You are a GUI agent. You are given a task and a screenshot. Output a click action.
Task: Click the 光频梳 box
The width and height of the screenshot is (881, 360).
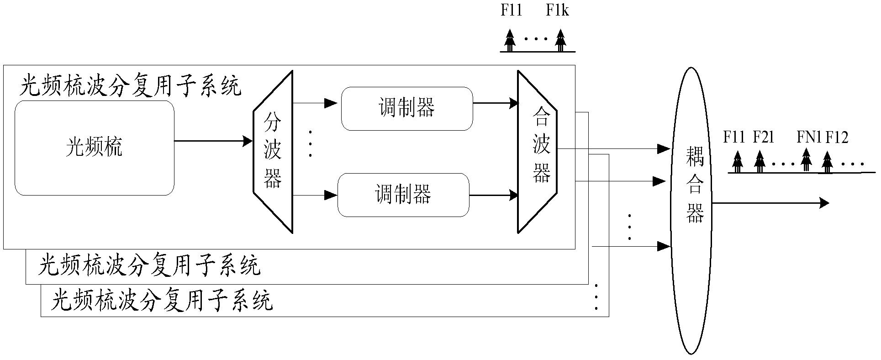(x=94, y=148)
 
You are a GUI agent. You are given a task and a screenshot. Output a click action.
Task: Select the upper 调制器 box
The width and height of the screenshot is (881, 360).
(x=406, y=108)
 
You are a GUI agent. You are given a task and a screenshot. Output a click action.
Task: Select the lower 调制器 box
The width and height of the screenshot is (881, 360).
(x=403, y=195)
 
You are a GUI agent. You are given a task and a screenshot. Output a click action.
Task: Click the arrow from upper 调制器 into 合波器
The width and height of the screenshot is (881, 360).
(x=495, y=103)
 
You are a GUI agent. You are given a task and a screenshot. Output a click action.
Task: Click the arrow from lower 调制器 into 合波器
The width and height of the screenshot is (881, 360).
(x=493, y=196)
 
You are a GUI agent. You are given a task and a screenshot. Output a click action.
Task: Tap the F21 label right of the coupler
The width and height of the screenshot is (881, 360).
(x=763, y=137)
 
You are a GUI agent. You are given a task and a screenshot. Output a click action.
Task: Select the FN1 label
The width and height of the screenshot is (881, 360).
(x=809, y=137)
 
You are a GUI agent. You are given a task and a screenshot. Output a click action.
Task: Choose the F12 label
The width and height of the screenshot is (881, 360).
(x=837, y=137)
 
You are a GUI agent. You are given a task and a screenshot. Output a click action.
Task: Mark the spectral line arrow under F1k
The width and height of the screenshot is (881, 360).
(x=560, y=40)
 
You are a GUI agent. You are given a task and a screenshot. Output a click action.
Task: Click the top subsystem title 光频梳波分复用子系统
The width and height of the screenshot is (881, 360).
(x=130, y=85)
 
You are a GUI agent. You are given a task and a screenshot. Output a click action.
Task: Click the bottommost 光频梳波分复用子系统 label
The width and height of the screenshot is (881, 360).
(x=162, y=301)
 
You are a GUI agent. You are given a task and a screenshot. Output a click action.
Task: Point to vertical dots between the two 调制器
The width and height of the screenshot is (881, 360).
(x=310, y=143)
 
